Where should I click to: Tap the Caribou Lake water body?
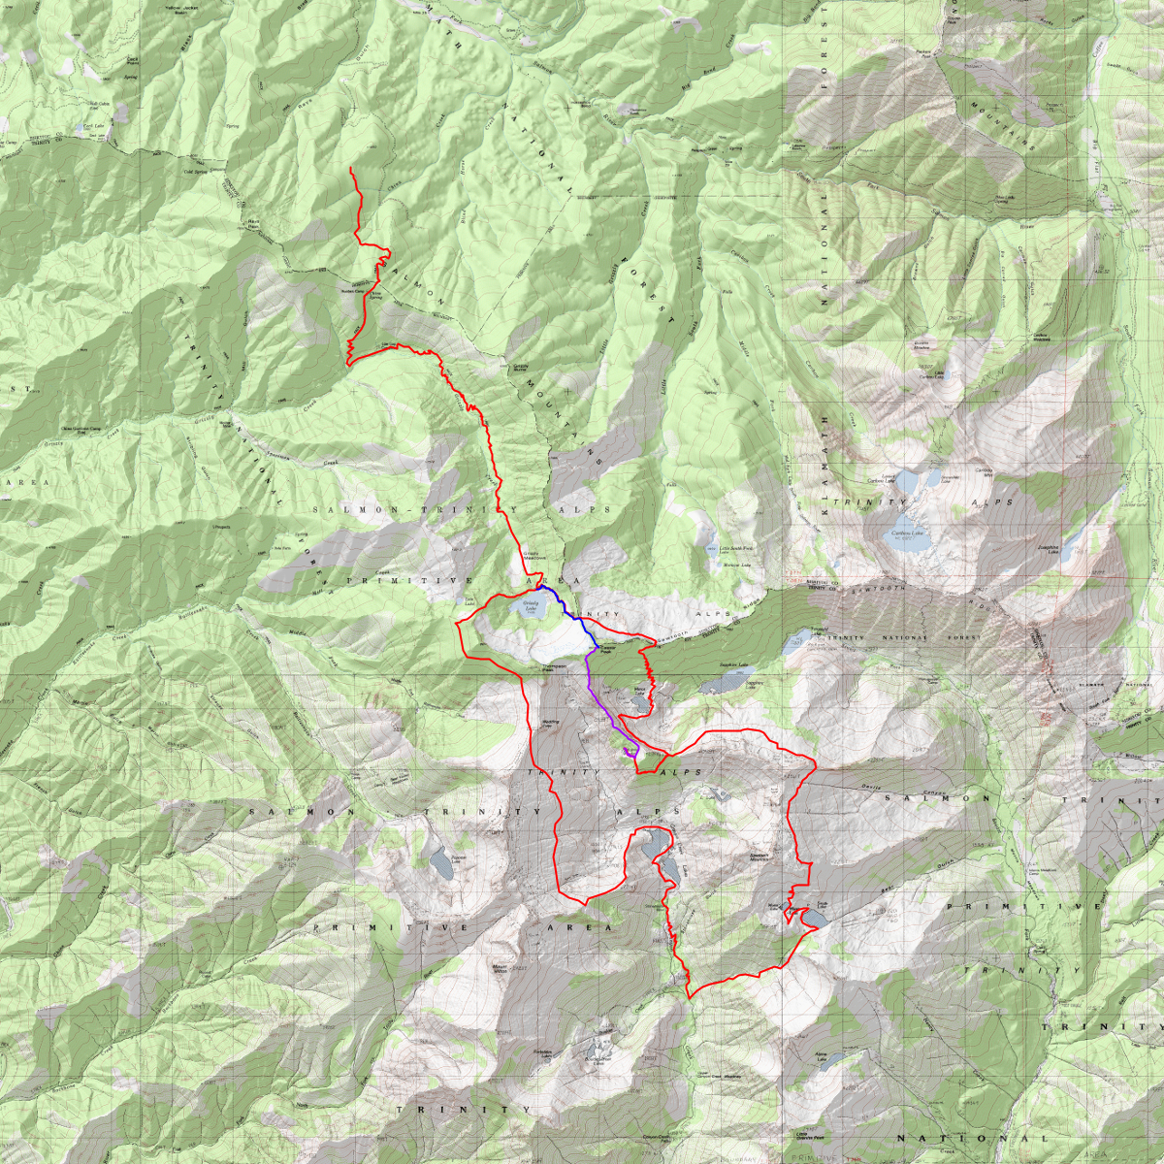click(x=908, y=539)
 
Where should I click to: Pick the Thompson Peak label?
click(x=553, y=668)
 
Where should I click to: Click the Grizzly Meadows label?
click(x=536, y=557)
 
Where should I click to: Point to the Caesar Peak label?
click(x=601, y=652)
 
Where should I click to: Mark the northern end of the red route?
click(x=351, y=170)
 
